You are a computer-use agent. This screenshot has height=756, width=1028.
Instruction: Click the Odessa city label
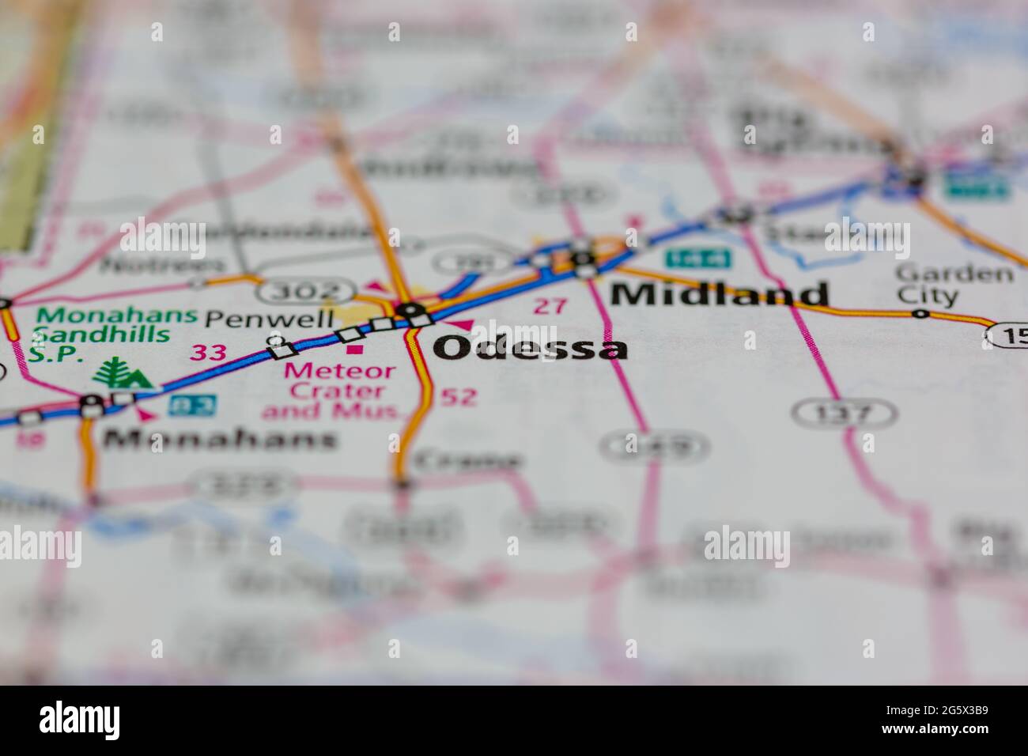(x=531, y=348)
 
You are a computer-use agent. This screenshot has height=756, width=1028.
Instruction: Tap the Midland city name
(x=719, y=294)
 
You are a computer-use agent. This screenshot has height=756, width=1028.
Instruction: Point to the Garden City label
(x=954, y=285)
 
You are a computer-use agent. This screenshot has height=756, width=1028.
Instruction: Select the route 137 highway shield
(x=845, y=412)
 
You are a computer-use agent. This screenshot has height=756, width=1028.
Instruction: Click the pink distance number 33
(x=210, y=352)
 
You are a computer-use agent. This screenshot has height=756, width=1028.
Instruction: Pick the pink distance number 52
(x=459, y=396)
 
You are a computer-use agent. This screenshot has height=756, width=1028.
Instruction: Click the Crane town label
(x=467, y=460)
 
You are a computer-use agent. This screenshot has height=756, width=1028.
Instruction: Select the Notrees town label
(x=164, y=264)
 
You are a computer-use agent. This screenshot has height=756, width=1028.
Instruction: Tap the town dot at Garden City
(x=921, y=314)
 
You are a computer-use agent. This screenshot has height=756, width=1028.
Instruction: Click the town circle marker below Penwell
(x=275, y=342)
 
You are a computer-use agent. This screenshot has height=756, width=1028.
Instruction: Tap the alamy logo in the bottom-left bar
(x=80, y=720)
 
